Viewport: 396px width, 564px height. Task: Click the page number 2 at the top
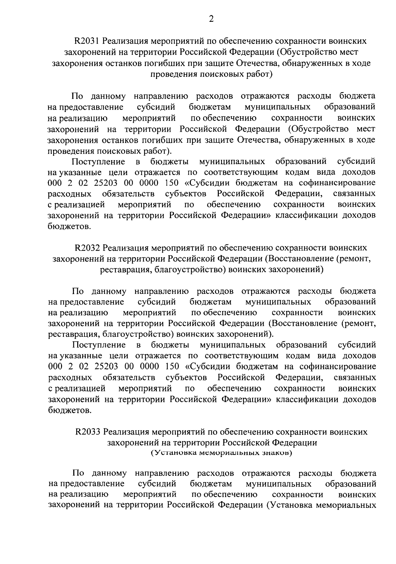click(211, 19)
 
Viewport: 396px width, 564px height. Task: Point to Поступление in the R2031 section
click(99, 161)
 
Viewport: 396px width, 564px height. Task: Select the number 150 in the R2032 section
click(172, 367)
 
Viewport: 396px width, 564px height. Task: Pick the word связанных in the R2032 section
click(355, 377)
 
